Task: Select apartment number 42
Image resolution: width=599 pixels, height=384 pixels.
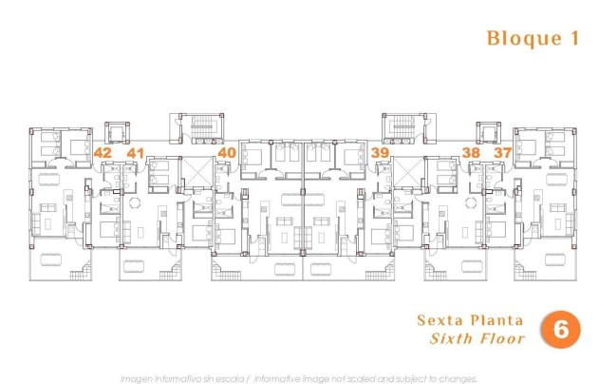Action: pos(103,152)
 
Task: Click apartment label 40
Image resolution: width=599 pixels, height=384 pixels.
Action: pos(226,152)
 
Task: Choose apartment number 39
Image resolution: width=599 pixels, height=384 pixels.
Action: pos(381,152)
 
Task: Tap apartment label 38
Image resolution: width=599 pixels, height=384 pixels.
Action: pos(471,152)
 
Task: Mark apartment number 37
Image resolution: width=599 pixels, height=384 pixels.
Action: pos(502,152)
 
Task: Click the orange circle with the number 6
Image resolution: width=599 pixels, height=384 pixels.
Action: pos(560,329)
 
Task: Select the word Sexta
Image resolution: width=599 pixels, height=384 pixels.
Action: pos(443,320)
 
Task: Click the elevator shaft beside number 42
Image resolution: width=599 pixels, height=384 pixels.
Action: pos(116,133)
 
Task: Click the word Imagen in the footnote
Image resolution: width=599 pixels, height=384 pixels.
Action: pos(139,377)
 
